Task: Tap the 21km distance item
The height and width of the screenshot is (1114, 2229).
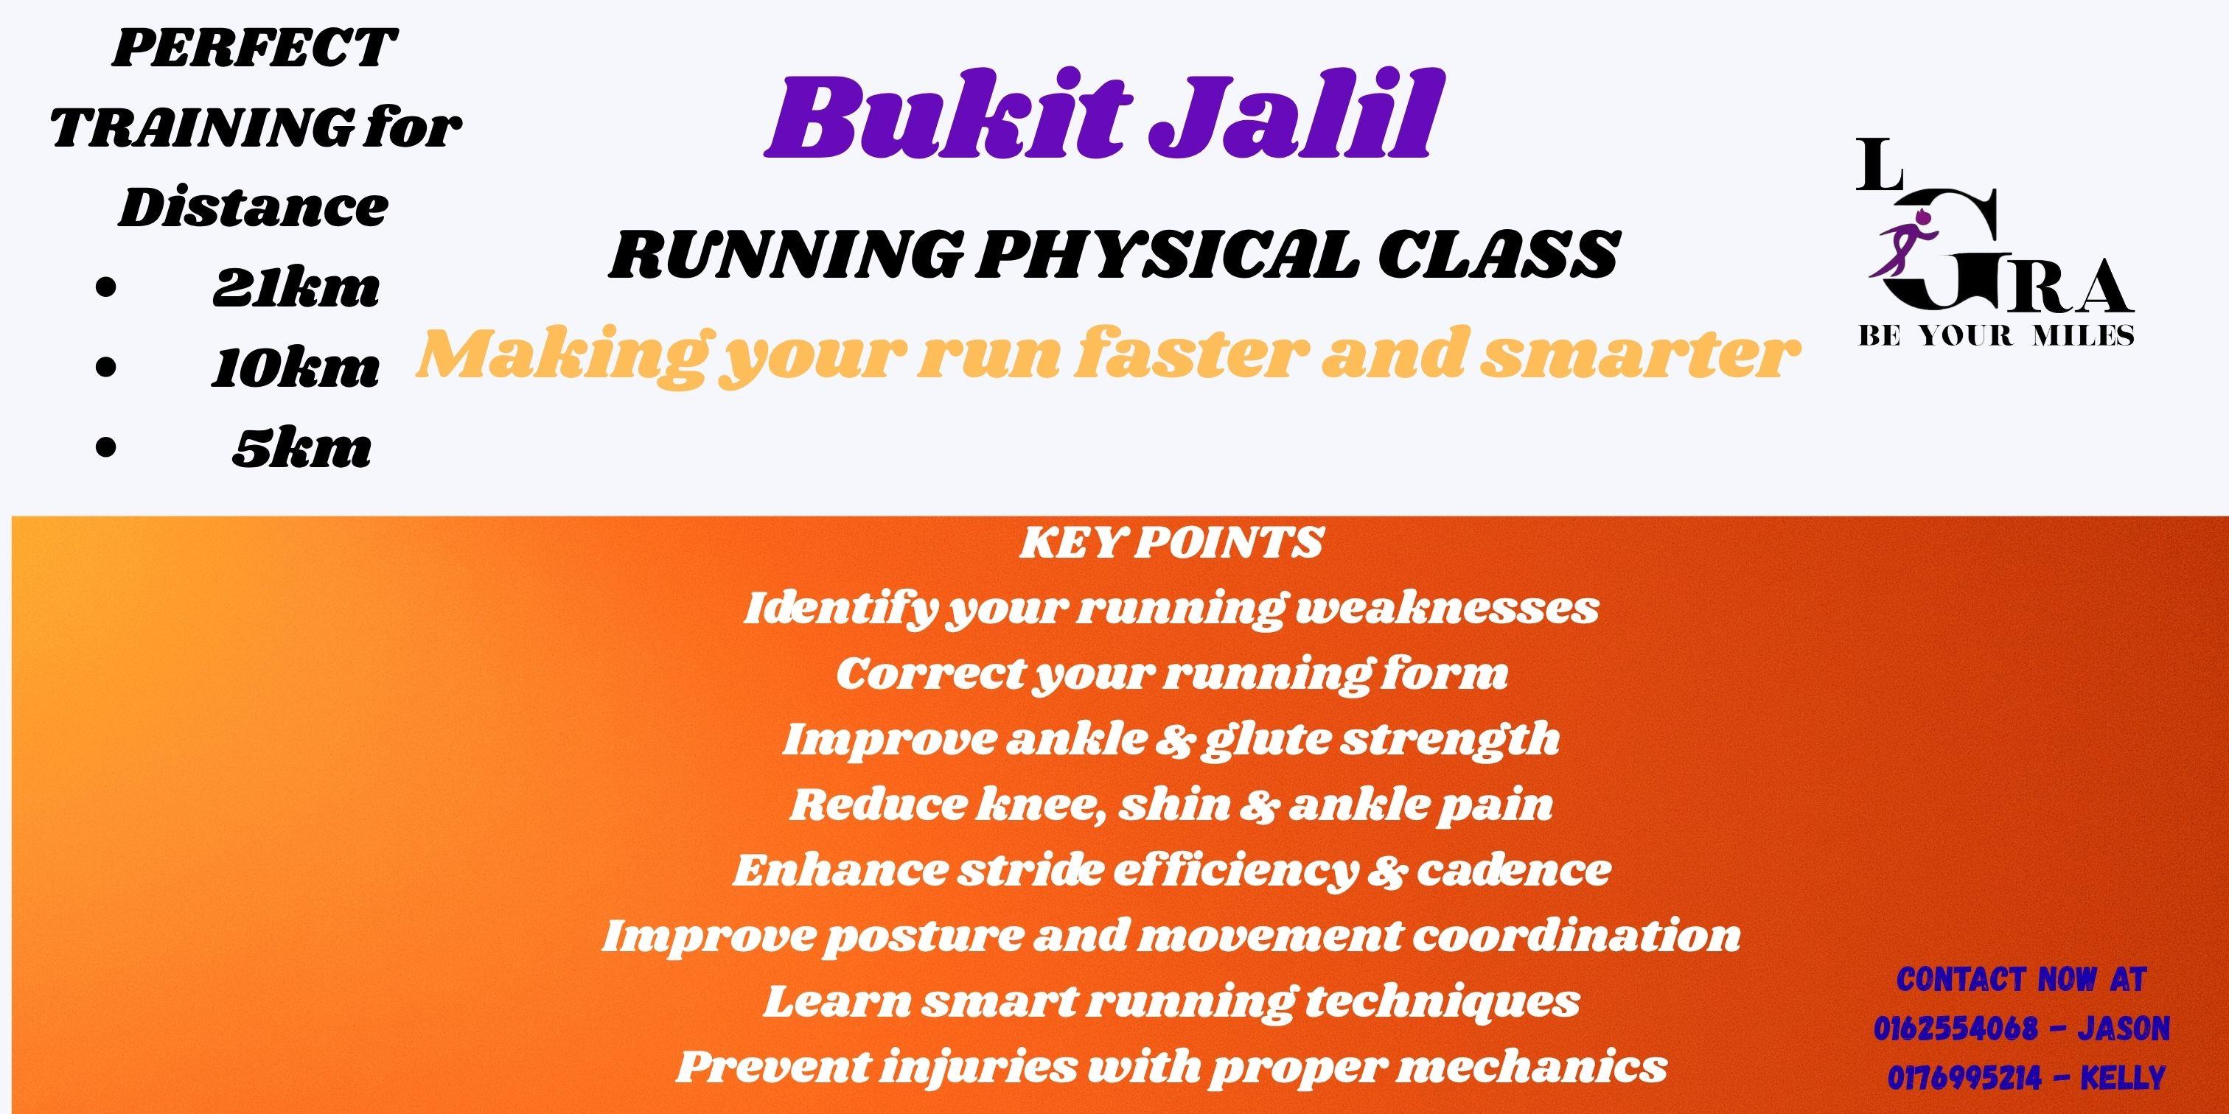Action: pyautogui.click(x=296, y=289)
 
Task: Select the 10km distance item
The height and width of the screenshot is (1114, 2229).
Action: pyautogui.click(x=295, y=369)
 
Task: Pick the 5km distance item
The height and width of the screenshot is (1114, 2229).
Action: pyautogui.click(x=301, y=449)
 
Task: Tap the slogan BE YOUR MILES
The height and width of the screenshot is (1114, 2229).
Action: pyautogui.click(x=1996, y=335)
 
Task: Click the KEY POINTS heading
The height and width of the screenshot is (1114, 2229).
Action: pyautogui.click(x=1171, y=543)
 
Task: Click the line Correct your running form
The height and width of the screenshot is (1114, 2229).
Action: pyautogui.click(x=1171, y=675)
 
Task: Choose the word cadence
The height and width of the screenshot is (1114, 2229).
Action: pyautogui.click(x=1513, y=871)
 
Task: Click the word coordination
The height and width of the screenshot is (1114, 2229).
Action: pyautogui.click(x=1575, y=936)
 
